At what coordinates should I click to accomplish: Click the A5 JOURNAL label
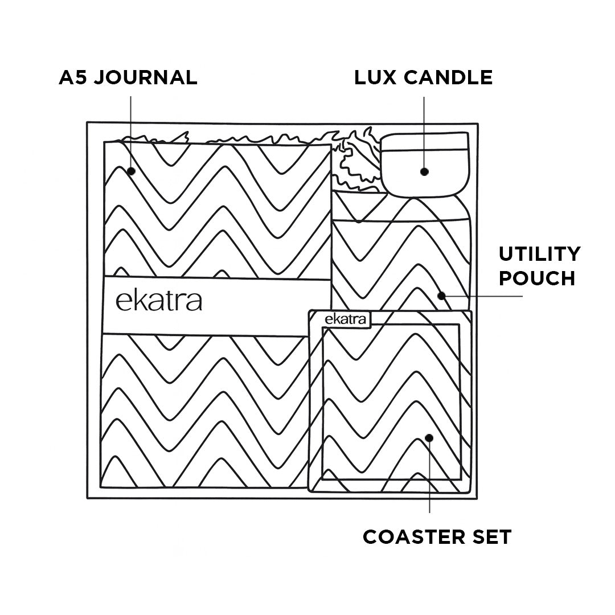click(x=128, y=77)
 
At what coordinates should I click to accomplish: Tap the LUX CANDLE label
click(x=423, y=77)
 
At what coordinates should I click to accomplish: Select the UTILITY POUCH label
click(x=539, y=266)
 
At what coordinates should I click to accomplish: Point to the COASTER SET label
click(x=437, y=536)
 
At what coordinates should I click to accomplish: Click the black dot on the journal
click(x=131, y=171)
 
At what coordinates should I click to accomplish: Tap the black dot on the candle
click(x=424, y=171)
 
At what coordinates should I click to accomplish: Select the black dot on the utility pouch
click(x=441, y=296)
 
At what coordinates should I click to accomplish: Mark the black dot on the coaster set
click(x=429, y=438)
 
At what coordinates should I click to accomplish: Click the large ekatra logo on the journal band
click(x=159, y=301)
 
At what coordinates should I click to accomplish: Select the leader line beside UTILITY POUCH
click(x=484, y=296)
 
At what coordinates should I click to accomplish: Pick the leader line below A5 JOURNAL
click(x=131, y=131)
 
